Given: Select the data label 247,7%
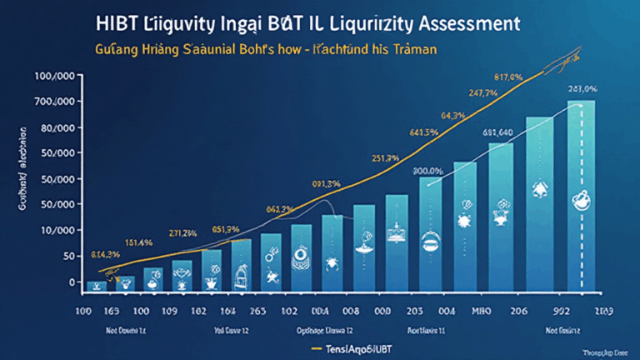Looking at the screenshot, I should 483,93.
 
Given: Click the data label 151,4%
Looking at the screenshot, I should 137,242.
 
